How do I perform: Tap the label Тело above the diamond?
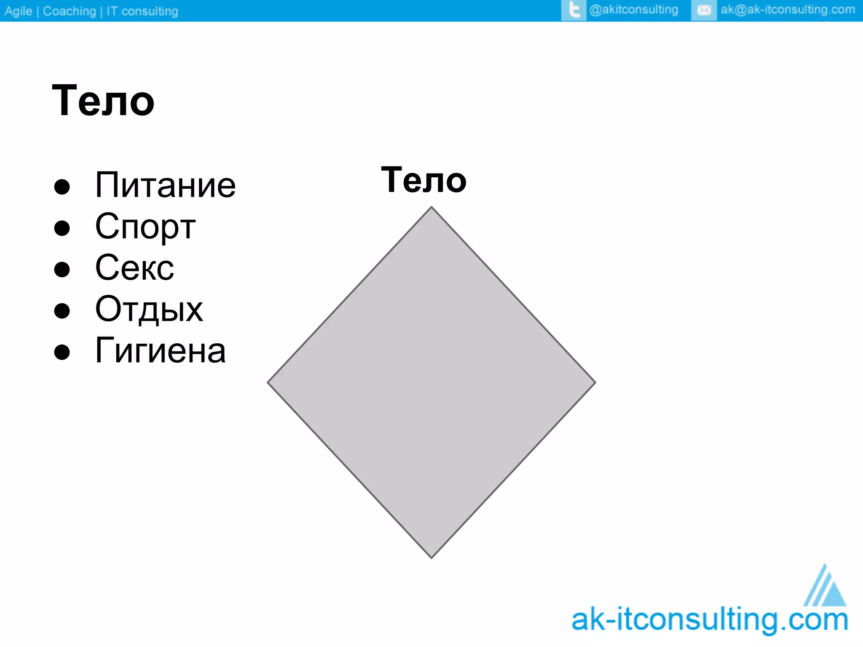[x=423, y=180]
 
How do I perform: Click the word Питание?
[x=165, y=185]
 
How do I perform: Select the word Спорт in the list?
[x=145, y=227]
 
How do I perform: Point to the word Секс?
[x=134, y=268]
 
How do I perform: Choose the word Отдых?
[x=149, y=309]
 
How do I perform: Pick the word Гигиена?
[x=161, y=350]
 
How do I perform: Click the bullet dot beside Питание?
[x=62, y=187]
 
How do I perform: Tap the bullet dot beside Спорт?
[x=62, y=228]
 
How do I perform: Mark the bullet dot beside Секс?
[x=62, y=269]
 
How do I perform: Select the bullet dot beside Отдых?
[x=62, y=310]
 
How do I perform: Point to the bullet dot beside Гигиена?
[x=62, y=352]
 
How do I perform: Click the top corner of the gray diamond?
[x=431, y=208]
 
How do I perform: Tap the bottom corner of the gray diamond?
[x=431, y=557]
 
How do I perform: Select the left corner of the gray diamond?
[x=269, y=382]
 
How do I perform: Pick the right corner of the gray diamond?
[x=594, y=382]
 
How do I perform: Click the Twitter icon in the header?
[x=574, y=10]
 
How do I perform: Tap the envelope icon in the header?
[x=704, y=10]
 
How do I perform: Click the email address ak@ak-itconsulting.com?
[x=788, y=10]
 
